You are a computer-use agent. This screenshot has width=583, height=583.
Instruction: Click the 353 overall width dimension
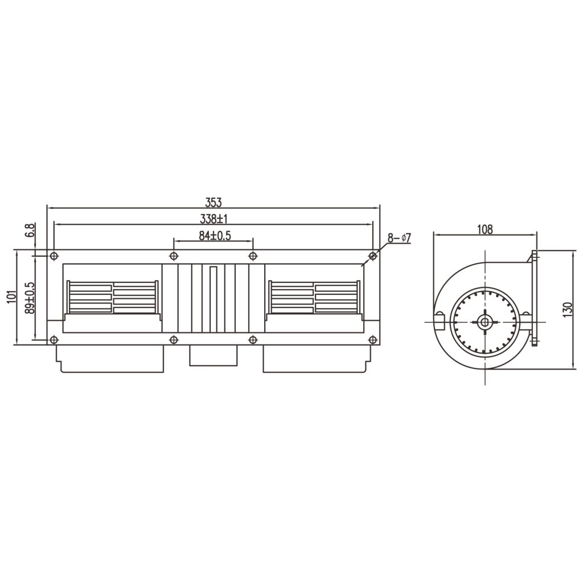[214, 203]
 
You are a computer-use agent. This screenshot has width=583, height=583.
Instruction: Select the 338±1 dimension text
[214, 219]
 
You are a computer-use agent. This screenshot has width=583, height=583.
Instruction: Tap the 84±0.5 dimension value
[215, 236]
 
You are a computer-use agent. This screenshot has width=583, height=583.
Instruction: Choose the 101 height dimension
[11, 297]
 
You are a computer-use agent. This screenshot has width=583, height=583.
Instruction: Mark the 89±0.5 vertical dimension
[30, 298]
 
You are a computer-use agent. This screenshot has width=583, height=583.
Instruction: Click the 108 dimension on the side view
[485, 229]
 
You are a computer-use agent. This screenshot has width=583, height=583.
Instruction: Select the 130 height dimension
[568, 309]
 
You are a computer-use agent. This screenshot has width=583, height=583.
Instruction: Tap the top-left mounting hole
[54, 256]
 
